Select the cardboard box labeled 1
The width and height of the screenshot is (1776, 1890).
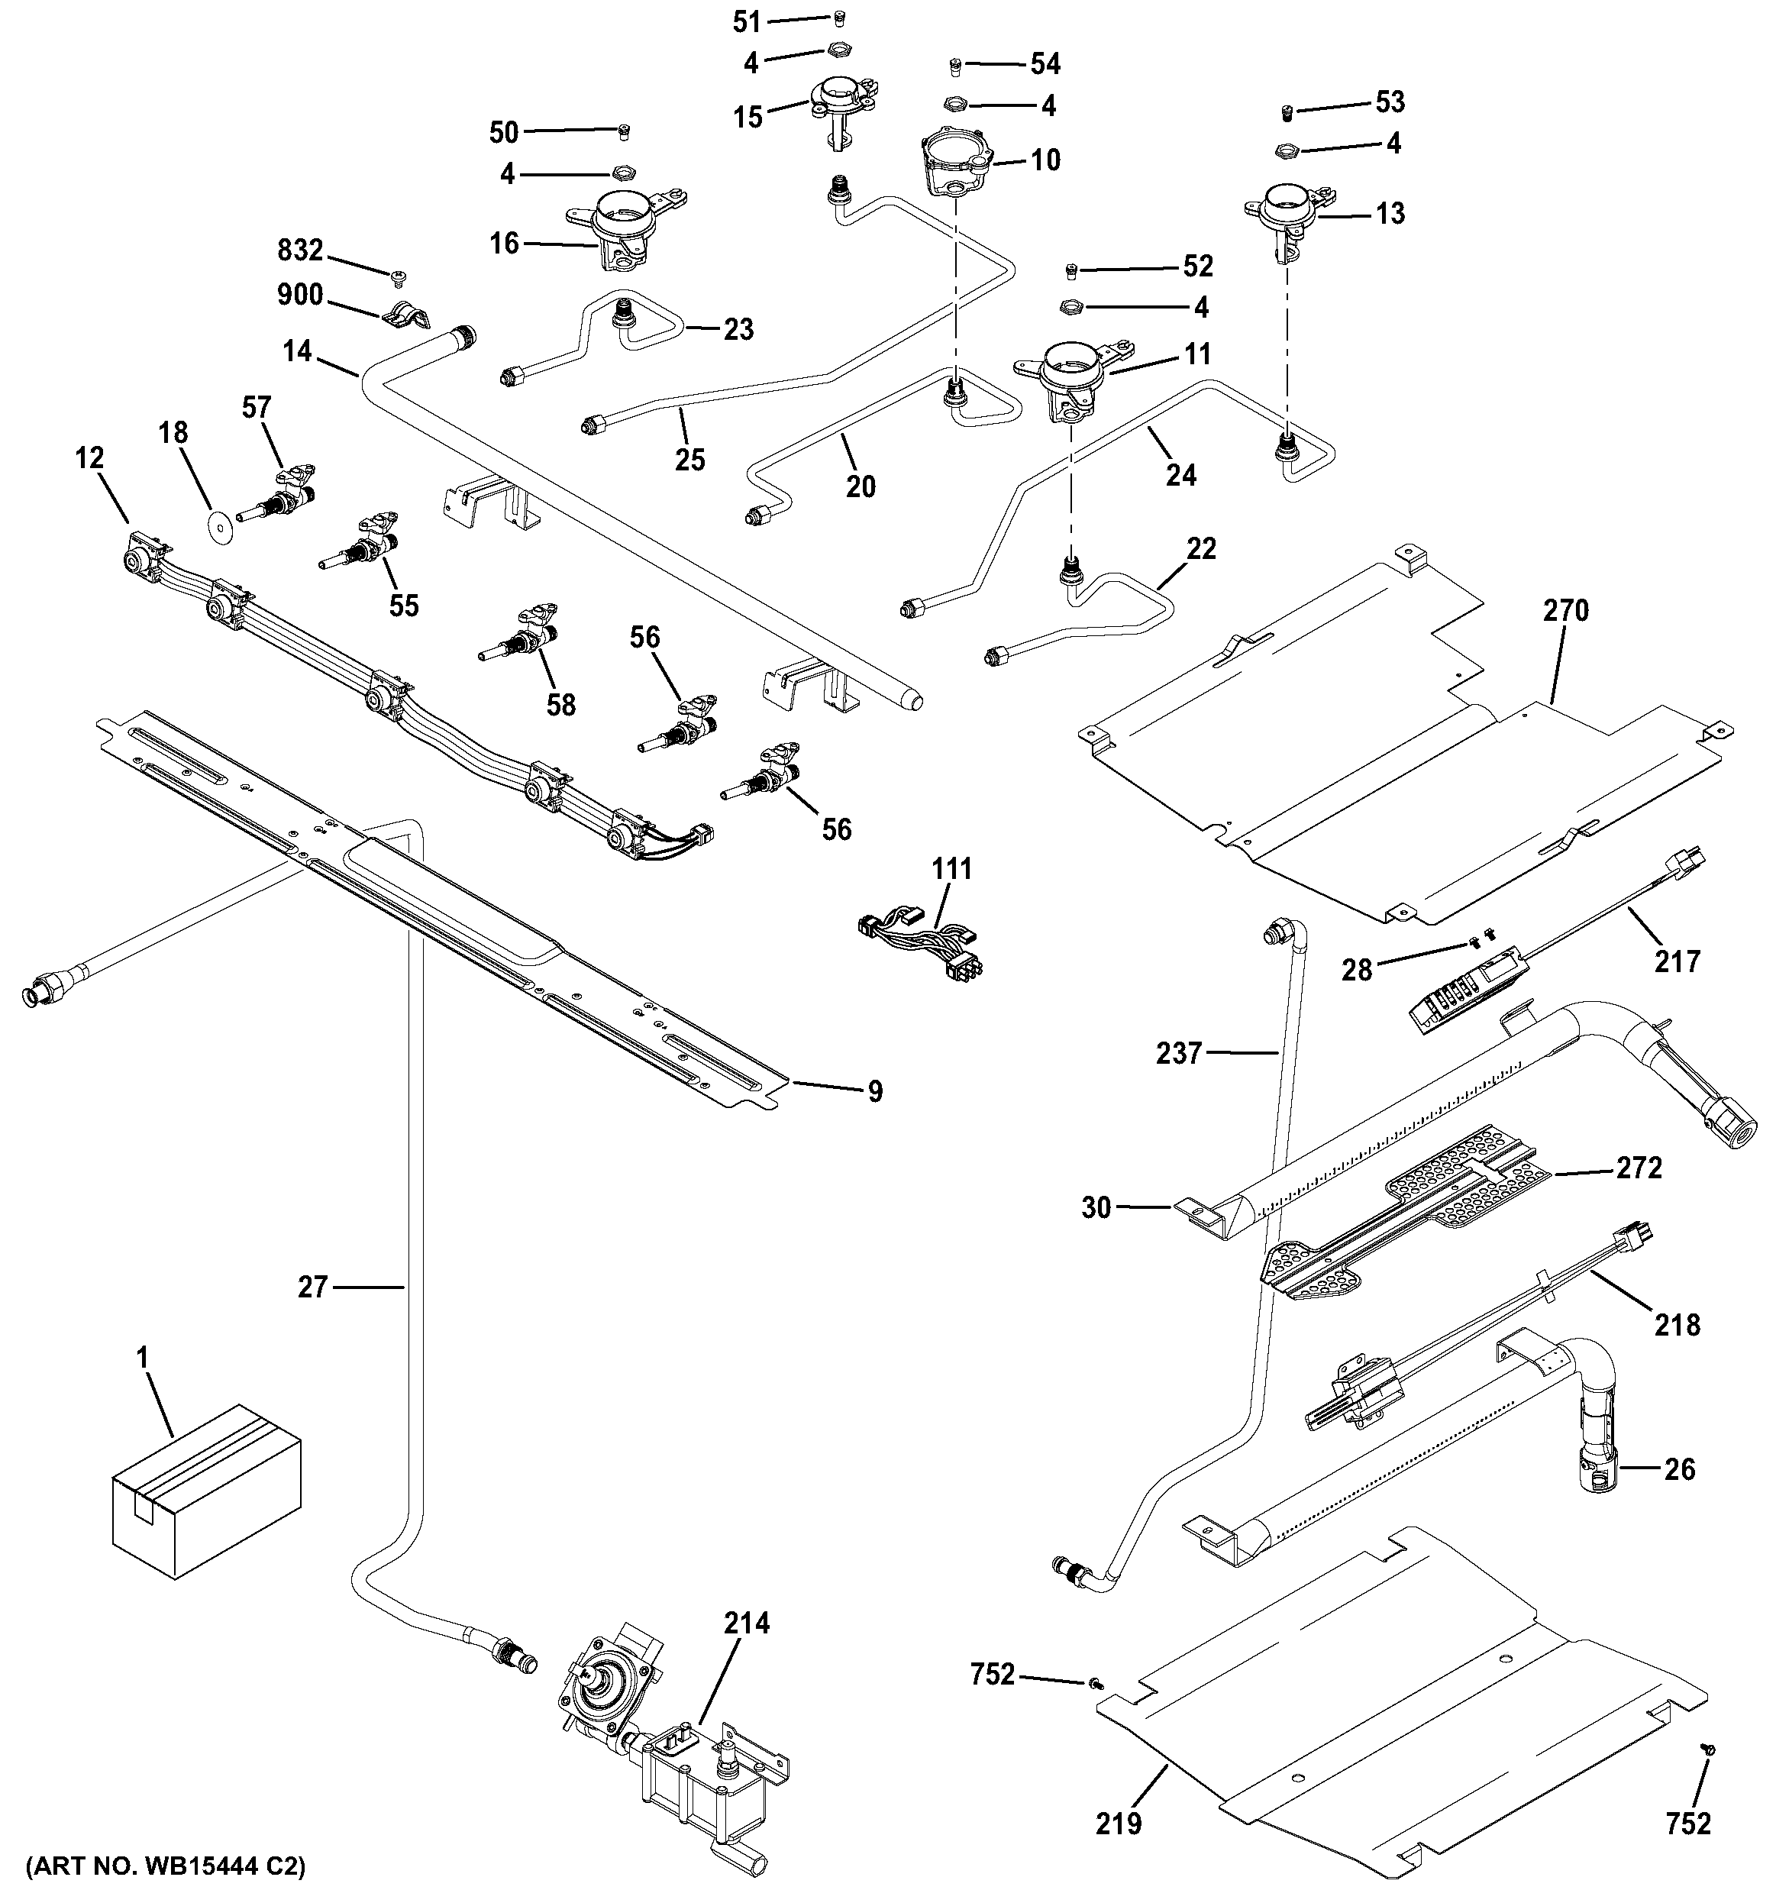(x=205, y=1493)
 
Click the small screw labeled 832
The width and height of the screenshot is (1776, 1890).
(x=397, y=276)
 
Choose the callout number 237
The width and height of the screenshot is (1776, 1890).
(x=1179, y=1052)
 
